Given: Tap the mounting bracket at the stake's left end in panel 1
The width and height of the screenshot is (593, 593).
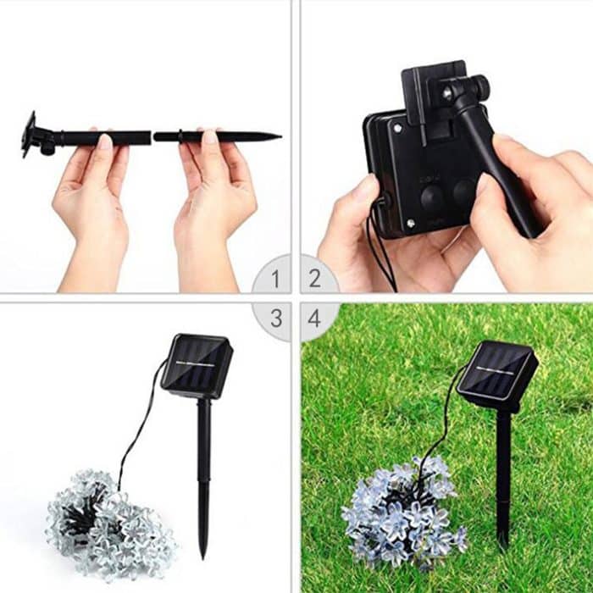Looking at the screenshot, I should [x=30, y=135].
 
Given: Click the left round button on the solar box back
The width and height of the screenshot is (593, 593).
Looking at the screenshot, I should [x=433, y=197].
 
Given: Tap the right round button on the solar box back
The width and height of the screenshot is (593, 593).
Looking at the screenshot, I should [x=463, y=194].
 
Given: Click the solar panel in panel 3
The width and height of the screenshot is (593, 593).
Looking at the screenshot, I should [x=197, y=364].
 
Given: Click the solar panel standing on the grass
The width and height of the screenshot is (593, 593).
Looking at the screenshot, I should [x=496, y=374].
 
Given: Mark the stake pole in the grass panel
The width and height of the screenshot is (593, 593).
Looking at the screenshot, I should [x=503, y=474].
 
